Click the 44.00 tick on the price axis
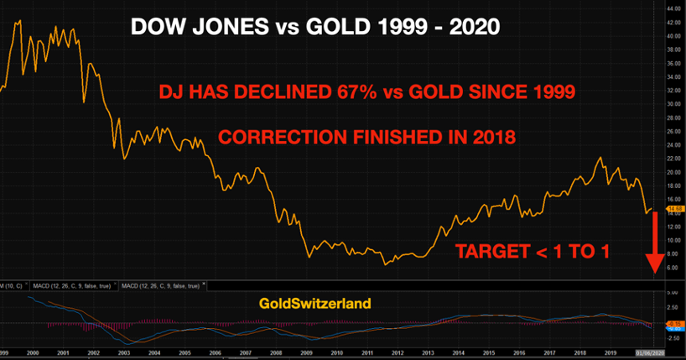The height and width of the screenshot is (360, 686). coord(673,8)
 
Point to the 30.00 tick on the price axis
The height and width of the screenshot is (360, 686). coord(673,104)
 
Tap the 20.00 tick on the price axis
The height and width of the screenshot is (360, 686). coord(673,172)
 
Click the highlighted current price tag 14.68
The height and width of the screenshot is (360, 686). coord(673,208)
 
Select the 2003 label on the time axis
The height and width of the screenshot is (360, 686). coord(124,354)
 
